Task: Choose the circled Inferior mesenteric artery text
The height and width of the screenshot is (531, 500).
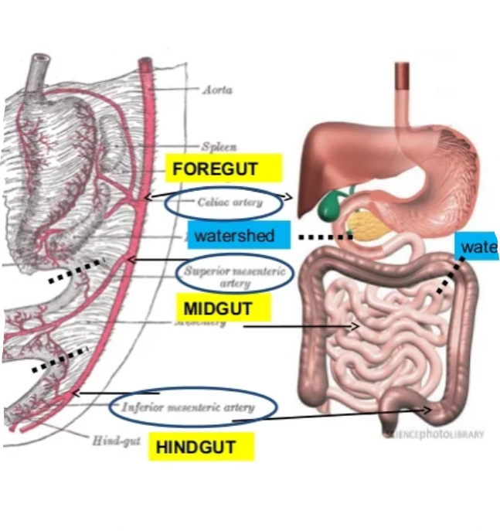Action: (x=192, y=407)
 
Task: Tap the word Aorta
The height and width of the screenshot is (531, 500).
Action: (x=216, y=90)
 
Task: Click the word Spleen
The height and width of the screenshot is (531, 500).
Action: (x=219, y=145)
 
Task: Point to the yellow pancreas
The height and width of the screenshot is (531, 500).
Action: (x=362, y=224)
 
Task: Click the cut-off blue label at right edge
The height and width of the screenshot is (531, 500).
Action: (x=477, y=247)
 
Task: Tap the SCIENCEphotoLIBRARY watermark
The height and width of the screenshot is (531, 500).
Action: (x=433, y=434)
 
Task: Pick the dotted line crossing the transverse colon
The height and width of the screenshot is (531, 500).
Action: (x=450, y=274)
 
